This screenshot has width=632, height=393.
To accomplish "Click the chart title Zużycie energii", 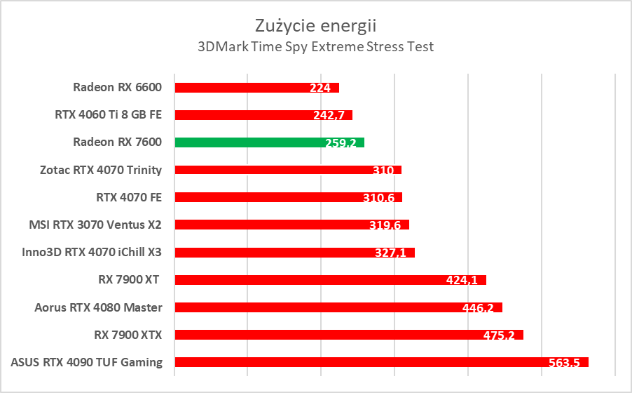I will point(315,26).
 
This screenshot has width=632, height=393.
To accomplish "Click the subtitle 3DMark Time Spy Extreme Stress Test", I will point(315,47).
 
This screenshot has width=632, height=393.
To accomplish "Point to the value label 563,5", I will point(564,363).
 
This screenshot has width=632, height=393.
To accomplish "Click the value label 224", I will point(320,88).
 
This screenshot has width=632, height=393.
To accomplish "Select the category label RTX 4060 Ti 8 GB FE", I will point(108,115).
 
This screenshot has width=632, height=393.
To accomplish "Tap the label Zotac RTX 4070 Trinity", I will point(102,170).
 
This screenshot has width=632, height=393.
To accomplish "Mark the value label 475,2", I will point(499,335).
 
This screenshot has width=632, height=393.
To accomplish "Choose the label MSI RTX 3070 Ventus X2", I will point(95,225).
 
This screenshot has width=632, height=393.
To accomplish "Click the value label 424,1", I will point(462,281).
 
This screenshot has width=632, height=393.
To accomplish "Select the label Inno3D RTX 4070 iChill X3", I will point(92,252).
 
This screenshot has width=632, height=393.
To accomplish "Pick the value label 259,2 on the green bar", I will point(341,143).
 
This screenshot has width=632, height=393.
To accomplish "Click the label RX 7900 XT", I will point(130,280).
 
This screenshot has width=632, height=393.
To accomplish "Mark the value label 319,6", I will point(385,225).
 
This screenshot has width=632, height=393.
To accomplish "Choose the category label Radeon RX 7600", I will point(117,142).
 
